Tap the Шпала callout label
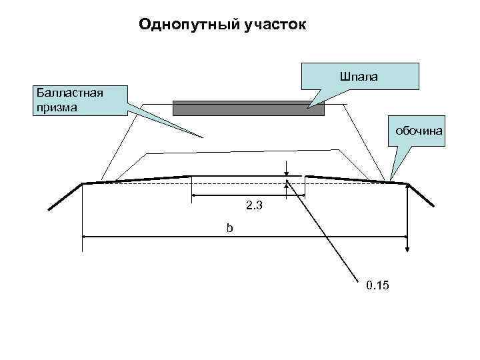pyautogui.click(x=359, y=77)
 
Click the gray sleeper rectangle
pyautogui.click(x=248, y=108)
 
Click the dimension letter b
pyautogui.click(x=229, y=228)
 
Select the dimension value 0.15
pyautogui.click(x=378, y=286)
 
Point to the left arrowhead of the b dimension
pyautogui.click(x=85, y=236)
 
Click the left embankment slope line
pyautogui.click(x=65, y=197)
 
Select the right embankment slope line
pyautogui.click(x=421, y=195)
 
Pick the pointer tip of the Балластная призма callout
pyautogui.click(x=202, y=137)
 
